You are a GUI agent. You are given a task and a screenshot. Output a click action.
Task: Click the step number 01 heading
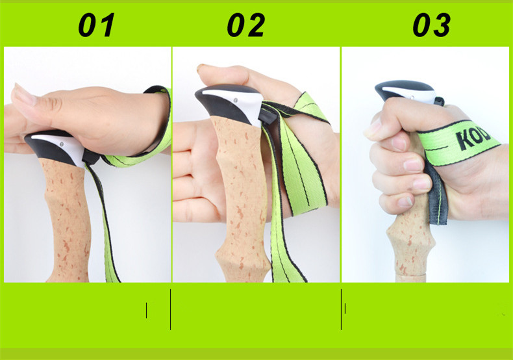click(96, 25)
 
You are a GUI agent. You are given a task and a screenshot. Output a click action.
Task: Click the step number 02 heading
click(245, 25)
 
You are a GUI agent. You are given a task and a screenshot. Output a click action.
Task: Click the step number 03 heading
click(431, 25)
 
